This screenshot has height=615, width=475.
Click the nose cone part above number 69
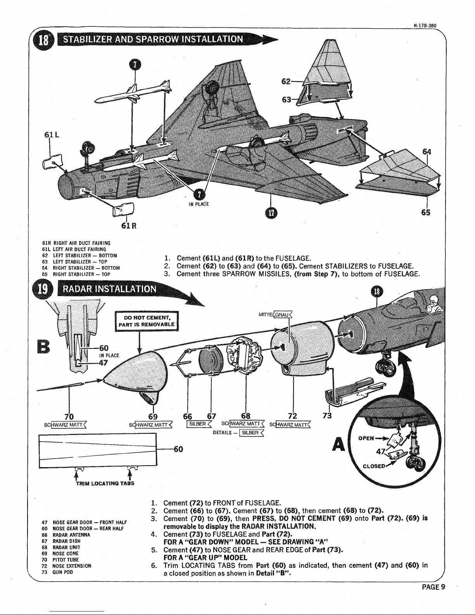click(138, 372)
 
